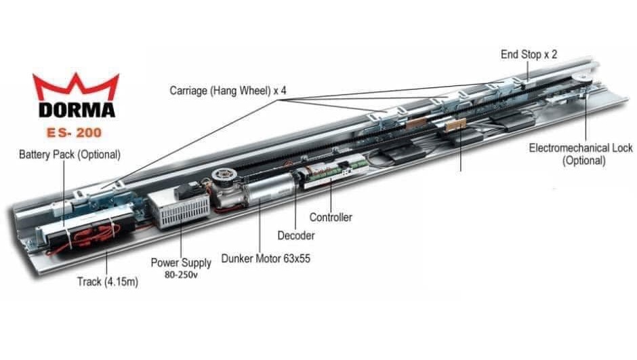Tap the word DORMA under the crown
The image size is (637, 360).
[x=77, y=109]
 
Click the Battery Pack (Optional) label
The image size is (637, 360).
[x=69, y=155]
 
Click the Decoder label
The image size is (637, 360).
[x=296, y=235]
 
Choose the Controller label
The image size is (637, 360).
[x=331, y=218]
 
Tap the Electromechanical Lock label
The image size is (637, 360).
[x=581, y=148]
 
